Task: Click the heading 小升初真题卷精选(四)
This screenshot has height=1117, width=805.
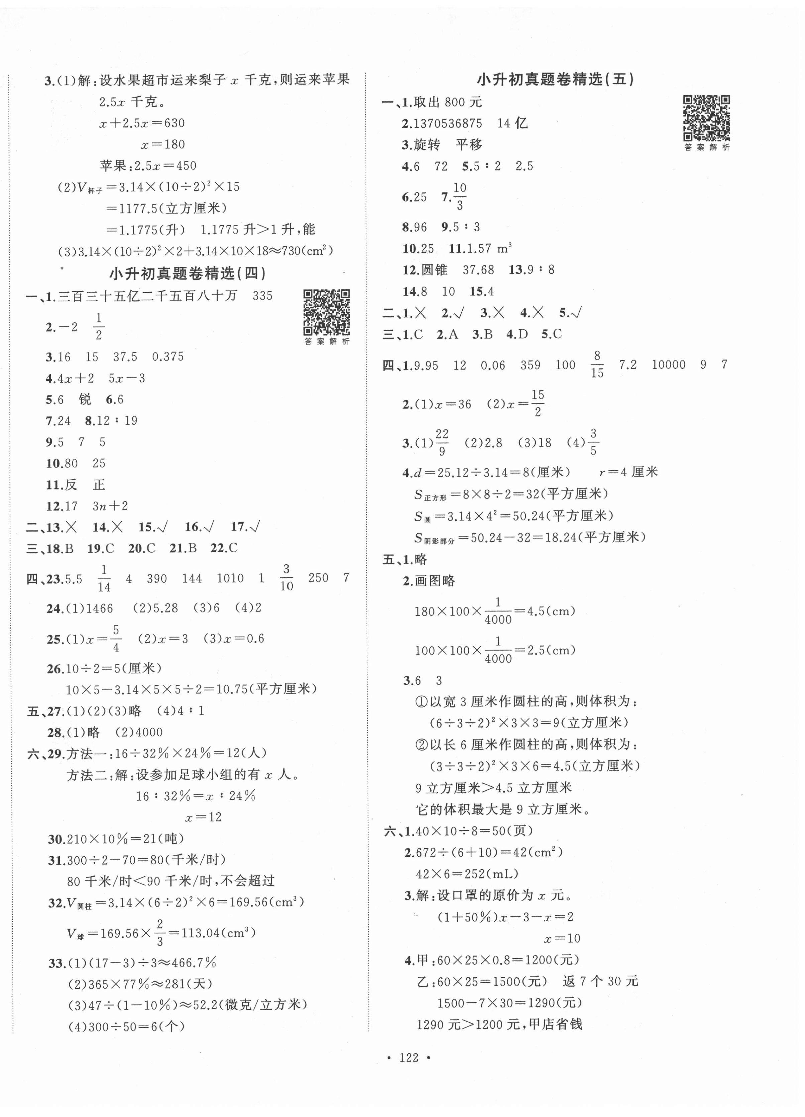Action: [x=187, y=273]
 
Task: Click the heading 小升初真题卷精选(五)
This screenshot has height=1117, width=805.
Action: [x=555, y=79]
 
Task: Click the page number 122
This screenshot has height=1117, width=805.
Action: [x=409, y=1057]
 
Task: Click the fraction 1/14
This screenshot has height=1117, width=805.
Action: [x=103, y=578]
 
